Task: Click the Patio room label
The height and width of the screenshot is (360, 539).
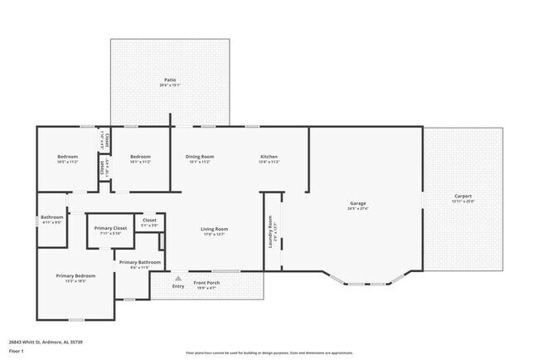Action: (169, 80)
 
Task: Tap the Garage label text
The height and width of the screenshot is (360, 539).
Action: (358, 203)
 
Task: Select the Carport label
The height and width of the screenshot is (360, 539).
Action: (461, 196)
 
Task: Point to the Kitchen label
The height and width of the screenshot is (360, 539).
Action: (269, 157)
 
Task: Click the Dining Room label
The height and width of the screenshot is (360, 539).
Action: (200, 157)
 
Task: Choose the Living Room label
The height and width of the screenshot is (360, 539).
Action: (214, 229)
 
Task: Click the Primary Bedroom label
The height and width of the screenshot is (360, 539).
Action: (75, 275)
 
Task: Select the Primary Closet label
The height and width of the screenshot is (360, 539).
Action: (110, 228)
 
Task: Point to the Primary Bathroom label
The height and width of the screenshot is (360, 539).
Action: (134, 262)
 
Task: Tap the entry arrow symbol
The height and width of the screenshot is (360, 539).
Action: (177, 278)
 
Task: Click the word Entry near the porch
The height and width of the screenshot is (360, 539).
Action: (178, 286)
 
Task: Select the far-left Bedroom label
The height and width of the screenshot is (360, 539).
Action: (67, 157)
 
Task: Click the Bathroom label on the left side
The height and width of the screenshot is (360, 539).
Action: (51, 217)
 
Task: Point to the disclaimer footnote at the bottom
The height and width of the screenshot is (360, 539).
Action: (269, 351)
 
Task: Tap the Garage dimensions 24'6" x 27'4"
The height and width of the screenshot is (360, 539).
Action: (358, 209)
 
